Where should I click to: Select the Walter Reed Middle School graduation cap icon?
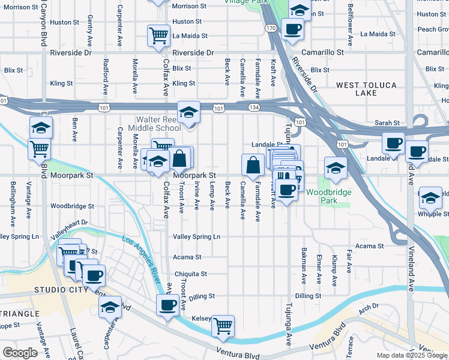click(x=188, y=112)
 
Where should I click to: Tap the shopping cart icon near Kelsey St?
click(x=223, y=326)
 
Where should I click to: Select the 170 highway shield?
click(x=271, y=28)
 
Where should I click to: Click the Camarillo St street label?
click(x=323, y=52)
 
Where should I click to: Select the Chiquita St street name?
click(x=190, y=274)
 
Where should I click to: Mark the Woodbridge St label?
click(x=72, y=206)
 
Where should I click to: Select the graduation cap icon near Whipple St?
click(x=430, y=197)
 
